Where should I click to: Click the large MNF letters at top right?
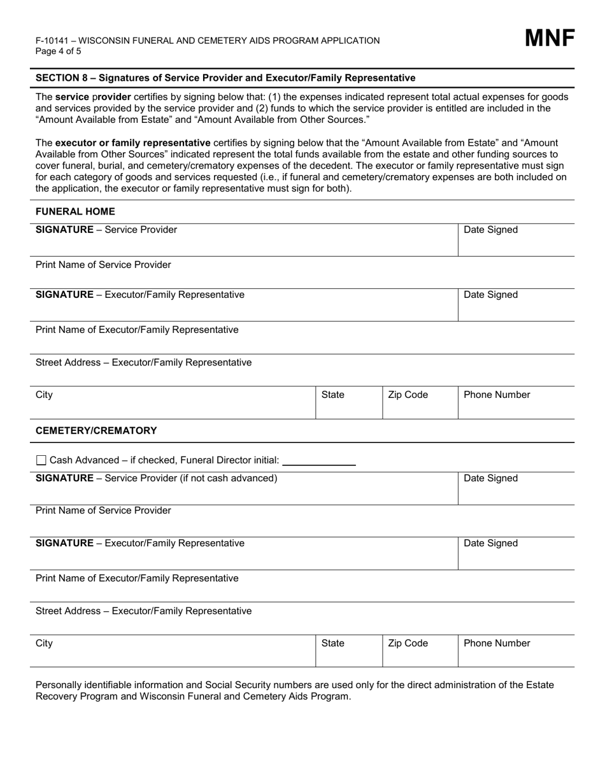click(x=549, y=39)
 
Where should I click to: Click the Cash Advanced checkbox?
click(x=41, y=460)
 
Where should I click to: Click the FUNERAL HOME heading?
click(x=75, y=211)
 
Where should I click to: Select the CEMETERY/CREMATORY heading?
click(x=96, y=430)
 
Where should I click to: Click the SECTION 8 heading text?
click(x=225, y=78)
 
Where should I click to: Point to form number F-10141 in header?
click(x=53, y=41)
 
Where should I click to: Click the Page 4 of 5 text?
click(x=59, y=52)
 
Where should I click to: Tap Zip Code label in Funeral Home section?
click(x=408, y=395)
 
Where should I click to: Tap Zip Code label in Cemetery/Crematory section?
click(x=408, y=643)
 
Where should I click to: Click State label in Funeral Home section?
click(x=332, y=395)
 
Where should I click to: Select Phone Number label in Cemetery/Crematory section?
click(x=497, y=643)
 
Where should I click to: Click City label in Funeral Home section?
click(x=44, y=395)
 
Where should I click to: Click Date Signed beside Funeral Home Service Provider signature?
click(x=490, y=230)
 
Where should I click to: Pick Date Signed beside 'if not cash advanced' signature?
click(x=490, y=478)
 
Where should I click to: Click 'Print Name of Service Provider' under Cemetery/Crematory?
click(x=103, y=511)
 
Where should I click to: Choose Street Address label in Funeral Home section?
click(x=143, y=362)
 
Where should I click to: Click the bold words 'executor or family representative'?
click(x=132, y=143)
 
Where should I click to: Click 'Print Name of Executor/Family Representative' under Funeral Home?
click(x=137, y=330)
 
